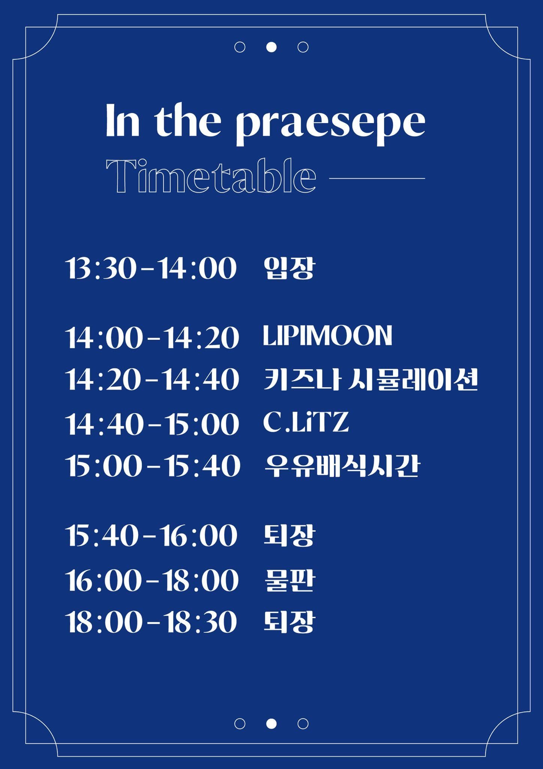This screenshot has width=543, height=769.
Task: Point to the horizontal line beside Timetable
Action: pyautogui.click(x=377, y=178)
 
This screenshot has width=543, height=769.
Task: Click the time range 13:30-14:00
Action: pyautogui.click(x=151, y=268)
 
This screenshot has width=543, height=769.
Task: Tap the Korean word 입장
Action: pyautogui.click(x=289, y=268)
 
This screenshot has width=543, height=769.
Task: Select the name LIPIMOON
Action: pyautogui.click(x=327, y=336)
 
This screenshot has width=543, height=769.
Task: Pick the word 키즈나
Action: pyautogui.click(x=302, y=380)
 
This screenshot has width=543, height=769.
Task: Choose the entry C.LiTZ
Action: pyautogui.click(x=306, y=422)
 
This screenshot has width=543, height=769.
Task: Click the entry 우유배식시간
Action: pyautogui.click(x=342, y=466)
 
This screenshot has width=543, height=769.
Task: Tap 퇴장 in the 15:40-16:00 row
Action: pyautogui.click(x=289, y=535)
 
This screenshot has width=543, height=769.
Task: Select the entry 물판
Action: pyautogui.click(x=289, y=581)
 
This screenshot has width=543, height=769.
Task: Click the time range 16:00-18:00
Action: pyautogui.click(x=152, y=581)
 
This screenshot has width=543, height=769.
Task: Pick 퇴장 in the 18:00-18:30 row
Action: pyautogui.click(x=289, y=622)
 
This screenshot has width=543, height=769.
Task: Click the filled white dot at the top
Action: pyautogui.click(x=271, y=47)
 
